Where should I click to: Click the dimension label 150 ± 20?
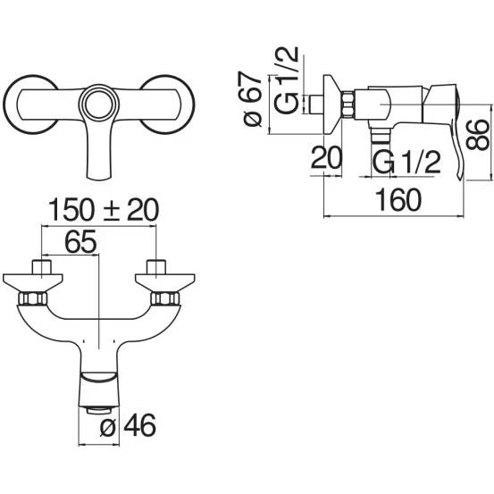[104, 210]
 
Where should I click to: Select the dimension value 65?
[80, 242]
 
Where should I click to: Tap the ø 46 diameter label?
[128, 424]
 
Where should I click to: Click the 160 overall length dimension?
[398, 200]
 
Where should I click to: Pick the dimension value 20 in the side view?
[326, 157]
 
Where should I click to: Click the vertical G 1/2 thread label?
[286, 80]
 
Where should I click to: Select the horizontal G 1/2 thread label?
[406, 162]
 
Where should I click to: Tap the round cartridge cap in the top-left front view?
[98, 105]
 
